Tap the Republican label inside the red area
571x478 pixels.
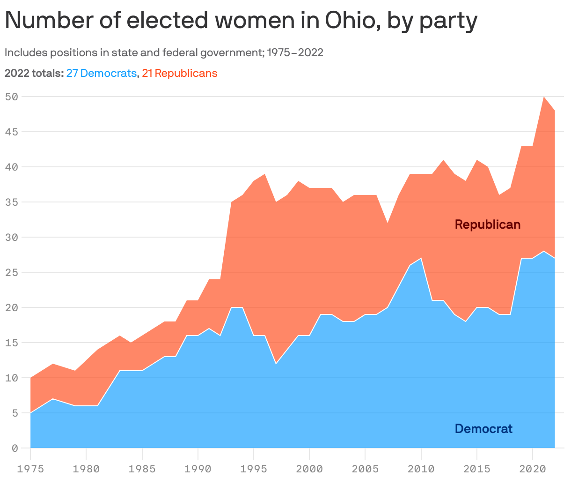click(x=487, y=224)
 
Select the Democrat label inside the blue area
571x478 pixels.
click(x=483, y=428)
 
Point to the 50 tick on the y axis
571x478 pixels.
click(x=11, y=97)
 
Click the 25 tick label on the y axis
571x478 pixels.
click(x=11, y=272)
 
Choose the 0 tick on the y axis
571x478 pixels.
click(x=15, y=448)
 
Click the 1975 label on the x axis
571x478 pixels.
click(x=30, y=468)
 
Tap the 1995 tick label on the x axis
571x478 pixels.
click(x=254, y=468)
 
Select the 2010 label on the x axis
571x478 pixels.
click(x=421, y=468)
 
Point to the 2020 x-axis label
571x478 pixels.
click(x=533, y=468)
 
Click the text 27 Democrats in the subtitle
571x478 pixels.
click(x=102, y=73)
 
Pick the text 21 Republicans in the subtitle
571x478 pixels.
click(x=180, y=73)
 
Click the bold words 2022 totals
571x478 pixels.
click(x=34, y=73)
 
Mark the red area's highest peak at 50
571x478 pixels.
click(x=544, y=97)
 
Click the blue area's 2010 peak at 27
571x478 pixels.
click(x=421, y=259)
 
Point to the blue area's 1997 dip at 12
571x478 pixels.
click(x=276, y=364)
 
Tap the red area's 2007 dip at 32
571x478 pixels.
click(x=388, y=224)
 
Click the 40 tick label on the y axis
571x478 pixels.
click(x=11, y=167)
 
